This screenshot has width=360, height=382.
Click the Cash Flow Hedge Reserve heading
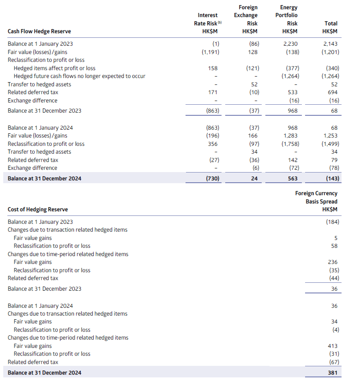coord(39,31)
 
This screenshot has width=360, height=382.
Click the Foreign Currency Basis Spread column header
coord(316,201)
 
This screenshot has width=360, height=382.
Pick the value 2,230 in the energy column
coord(290,44)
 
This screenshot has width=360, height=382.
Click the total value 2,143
coord(331,44)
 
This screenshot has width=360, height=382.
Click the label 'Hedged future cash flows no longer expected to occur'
coord(79,76)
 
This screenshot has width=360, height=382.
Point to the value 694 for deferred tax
coord(333,92)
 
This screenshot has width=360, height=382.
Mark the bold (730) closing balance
coord(210,179)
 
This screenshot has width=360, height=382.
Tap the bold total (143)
coord(331,179)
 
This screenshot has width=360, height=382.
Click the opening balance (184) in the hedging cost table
coord(331,222)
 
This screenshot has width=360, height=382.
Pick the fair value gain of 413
coord(332,346)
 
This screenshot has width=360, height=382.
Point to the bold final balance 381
coord(332,373)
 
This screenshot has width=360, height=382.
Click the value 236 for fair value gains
coord(332,262)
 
